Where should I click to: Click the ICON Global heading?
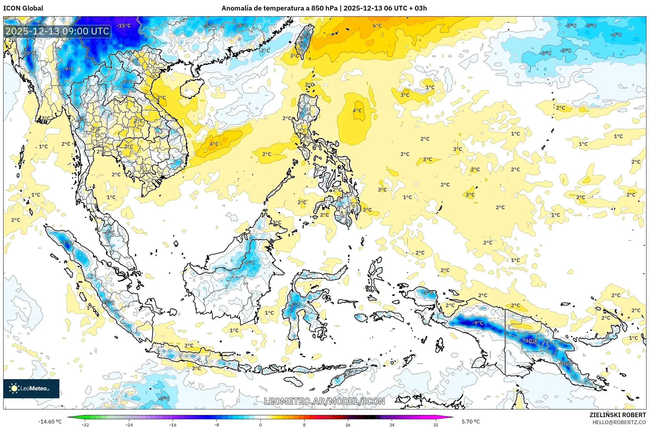point(23,8)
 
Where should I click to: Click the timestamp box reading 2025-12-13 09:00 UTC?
point(57,31)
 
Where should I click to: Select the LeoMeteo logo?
point(31,388)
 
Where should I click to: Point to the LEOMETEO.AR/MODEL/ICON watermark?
point(324,401)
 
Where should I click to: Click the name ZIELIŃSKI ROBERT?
point(617,415)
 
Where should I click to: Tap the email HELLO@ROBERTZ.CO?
point(619,422)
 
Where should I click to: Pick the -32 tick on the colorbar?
point(85,424)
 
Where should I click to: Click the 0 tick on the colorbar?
point(260,424)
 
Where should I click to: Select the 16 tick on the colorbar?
point(348,424)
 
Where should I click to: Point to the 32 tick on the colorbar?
point(435,424)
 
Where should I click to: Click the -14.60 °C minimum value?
point(50,422)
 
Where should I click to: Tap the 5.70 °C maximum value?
point(471,422)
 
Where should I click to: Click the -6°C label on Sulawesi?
point(295,305)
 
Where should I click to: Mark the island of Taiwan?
point(305,41)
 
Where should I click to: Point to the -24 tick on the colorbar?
point(129,424)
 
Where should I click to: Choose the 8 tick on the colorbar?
point(304,424)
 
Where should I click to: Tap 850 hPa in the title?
point(324,8)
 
